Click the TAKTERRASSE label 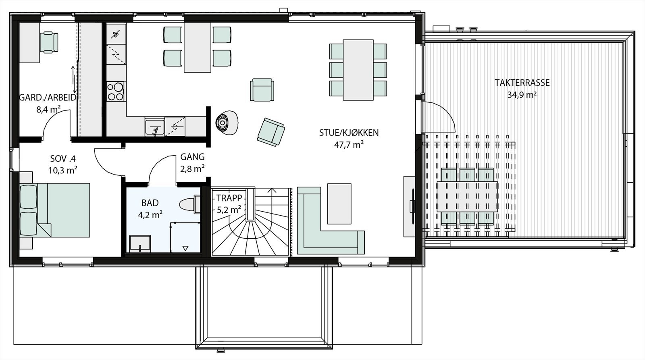coord(522,83)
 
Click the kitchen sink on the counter coord(155,127)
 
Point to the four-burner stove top coord(116,92)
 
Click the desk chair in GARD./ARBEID coord(49,42)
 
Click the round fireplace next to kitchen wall coord(223,121)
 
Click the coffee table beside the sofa coord(339,204)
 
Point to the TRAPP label coord(229,198)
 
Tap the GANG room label coord(192,157)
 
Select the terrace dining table coord(468,196)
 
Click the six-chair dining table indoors coord(358,70)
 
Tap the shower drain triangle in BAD coord(185,248)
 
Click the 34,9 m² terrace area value coord(522,95)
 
